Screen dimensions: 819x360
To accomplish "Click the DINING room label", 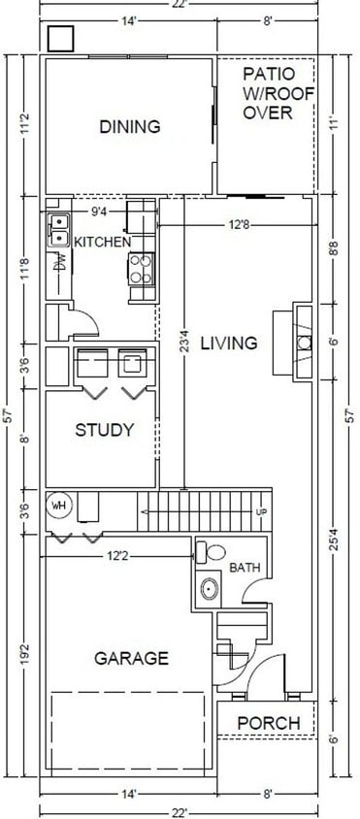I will click(x=129, y=126).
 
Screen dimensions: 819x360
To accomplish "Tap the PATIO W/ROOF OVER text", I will click(x=266, y=93).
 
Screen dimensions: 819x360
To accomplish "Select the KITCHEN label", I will click(x=103, y=241).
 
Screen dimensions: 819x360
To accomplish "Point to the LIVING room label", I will click(x=229, y=343).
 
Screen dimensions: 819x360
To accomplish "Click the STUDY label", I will click(x=104, y=430).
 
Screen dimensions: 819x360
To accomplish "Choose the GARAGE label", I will click(x=131, y=658).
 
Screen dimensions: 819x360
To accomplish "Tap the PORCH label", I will click(x=269, y=723).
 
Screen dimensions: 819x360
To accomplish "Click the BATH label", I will click(x=244, y=567).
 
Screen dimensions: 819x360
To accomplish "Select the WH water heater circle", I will click(x=59, y=505).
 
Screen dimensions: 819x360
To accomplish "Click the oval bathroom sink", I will click(x=207, y=588).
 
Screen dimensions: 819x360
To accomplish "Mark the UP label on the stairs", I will click(x=260, y=511).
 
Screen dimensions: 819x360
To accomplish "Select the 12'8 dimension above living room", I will click(x=240, y=225).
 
